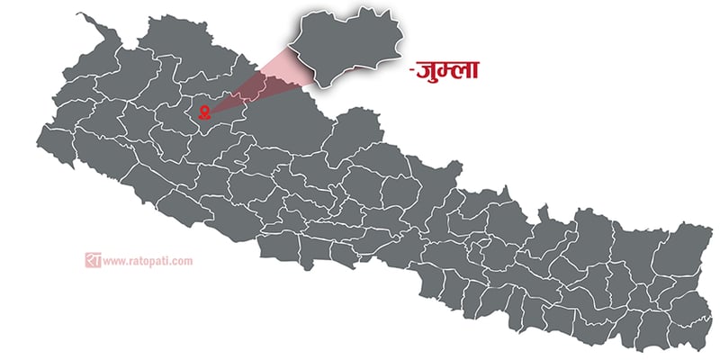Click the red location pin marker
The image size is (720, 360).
[x=205, y=112]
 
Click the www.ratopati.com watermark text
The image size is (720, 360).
[x=148, y=262]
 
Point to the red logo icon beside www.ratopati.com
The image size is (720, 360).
[x=93, y=261]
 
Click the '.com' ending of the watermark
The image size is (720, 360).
[x=183, y=262]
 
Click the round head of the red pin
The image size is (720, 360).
[x=205, y=110]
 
